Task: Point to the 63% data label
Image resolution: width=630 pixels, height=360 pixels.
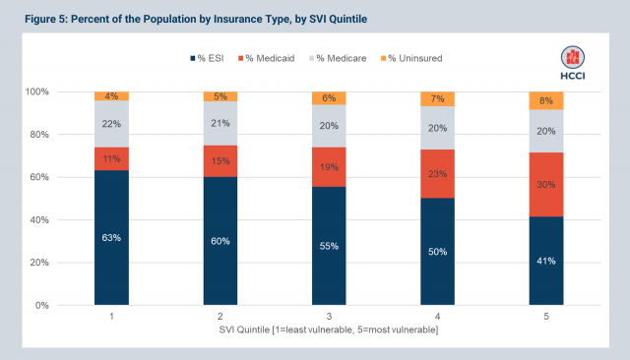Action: point(112,238)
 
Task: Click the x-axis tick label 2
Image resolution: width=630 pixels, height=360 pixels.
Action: point(219,317)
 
